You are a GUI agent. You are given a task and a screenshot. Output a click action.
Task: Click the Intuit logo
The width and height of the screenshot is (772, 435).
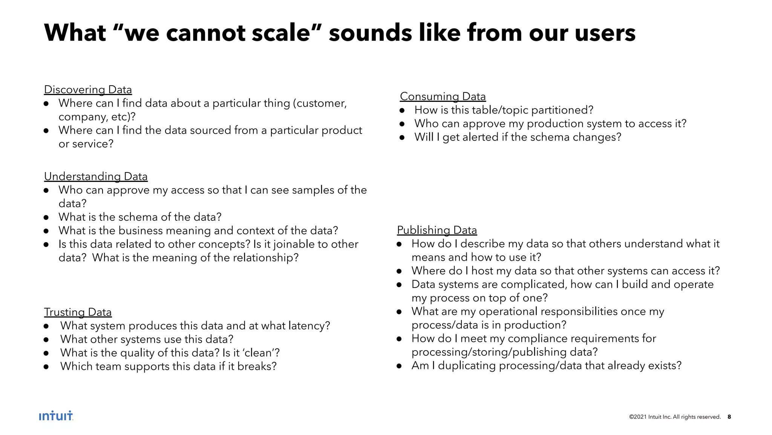pos(56,416)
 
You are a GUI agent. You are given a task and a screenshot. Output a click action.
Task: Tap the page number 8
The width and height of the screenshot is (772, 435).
pos(729,417)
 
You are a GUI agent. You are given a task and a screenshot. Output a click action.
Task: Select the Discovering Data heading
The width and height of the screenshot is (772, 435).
pos(88,90)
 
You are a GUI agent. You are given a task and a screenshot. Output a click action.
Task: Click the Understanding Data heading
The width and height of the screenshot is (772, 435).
pos(96,177)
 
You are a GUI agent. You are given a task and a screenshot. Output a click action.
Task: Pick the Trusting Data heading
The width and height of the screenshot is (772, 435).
pos(78,312)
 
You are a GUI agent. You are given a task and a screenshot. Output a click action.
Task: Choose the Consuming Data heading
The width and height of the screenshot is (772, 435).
pos(443,97)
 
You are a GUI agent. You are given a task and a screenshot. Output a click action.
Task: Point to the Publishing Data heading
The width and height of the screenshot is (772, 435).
pos(437,230)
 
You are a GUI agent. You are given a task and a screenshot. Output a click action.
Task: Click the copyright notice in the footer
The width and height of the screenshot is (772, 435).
pos(675,417)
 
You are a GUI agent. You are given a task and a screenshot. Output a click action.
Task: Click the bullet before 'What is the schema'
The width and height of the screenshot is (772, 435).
pos(46,218)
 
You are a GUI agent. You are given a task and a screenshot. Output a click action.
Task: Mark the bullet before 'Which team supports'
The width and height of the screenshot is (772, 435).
pos(46,367)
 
